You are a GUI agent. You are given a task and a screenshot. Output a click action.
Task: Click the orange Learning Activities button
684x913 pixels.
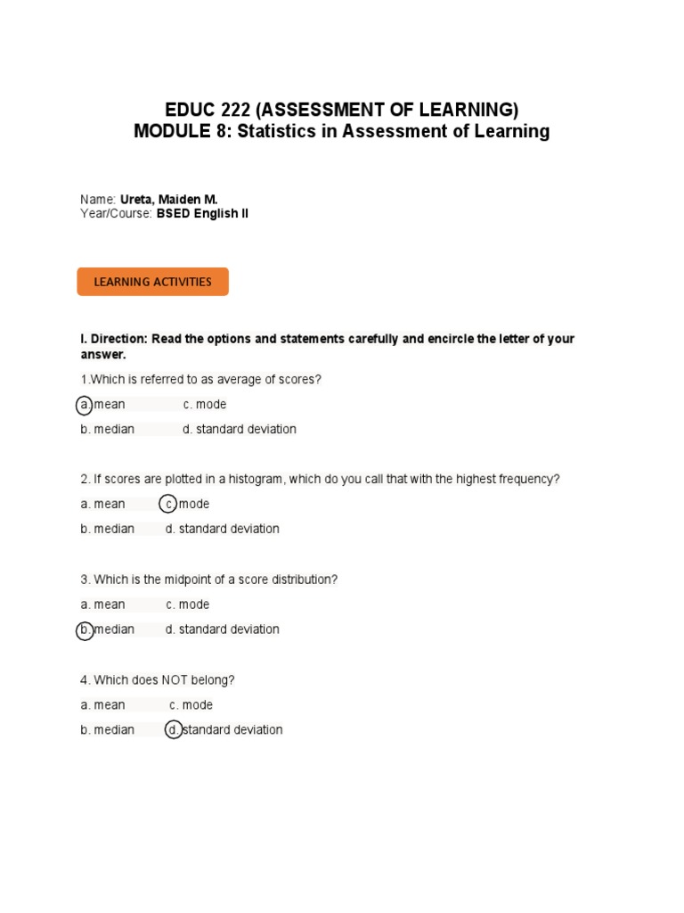click(152, 282)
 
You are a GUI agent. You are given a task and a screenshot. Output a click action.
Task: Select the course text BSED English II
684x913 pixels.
click(202, 214)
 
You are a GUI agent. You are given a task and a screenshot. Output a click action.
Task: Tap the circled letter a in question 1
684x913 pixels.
click(85, 405)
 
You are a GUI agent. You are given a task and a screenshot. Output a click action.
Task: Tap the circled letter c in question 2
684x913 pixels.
click(168, 505)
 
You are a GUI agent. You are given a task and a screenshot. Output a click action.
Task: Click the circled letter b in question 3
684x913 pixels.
click(85, 630)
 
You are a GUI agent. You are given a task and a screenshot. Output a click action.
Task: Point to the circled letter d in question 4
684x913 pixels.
click(174, 730)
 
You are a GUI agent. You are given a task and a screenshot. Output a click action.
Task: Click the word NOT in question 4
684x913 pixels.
click(175, 680)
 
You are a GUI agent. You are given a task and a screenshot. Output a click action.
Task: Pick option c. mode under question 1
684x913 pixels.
click(205, 405)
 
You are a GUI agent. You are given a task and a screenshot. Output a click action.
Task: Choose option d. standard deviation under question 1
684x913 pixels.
click(239, 430)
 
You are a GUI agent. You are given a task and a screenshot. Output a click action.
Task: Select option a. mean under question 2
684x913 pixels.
click(102, 505)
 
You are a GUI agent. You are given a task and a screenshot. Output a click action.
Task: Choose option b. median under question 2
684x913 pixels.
click(107, 530)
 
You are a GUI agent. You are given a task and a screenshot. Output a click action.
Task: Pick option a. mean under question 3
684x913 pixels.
click(102, 605)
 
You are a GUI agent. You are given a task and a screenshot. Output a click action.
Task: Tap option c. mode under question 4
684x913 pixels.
click(191, 705)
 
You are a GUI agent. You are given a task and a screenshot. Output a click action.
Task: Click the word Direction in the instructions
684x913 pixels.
click(118, 340)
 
